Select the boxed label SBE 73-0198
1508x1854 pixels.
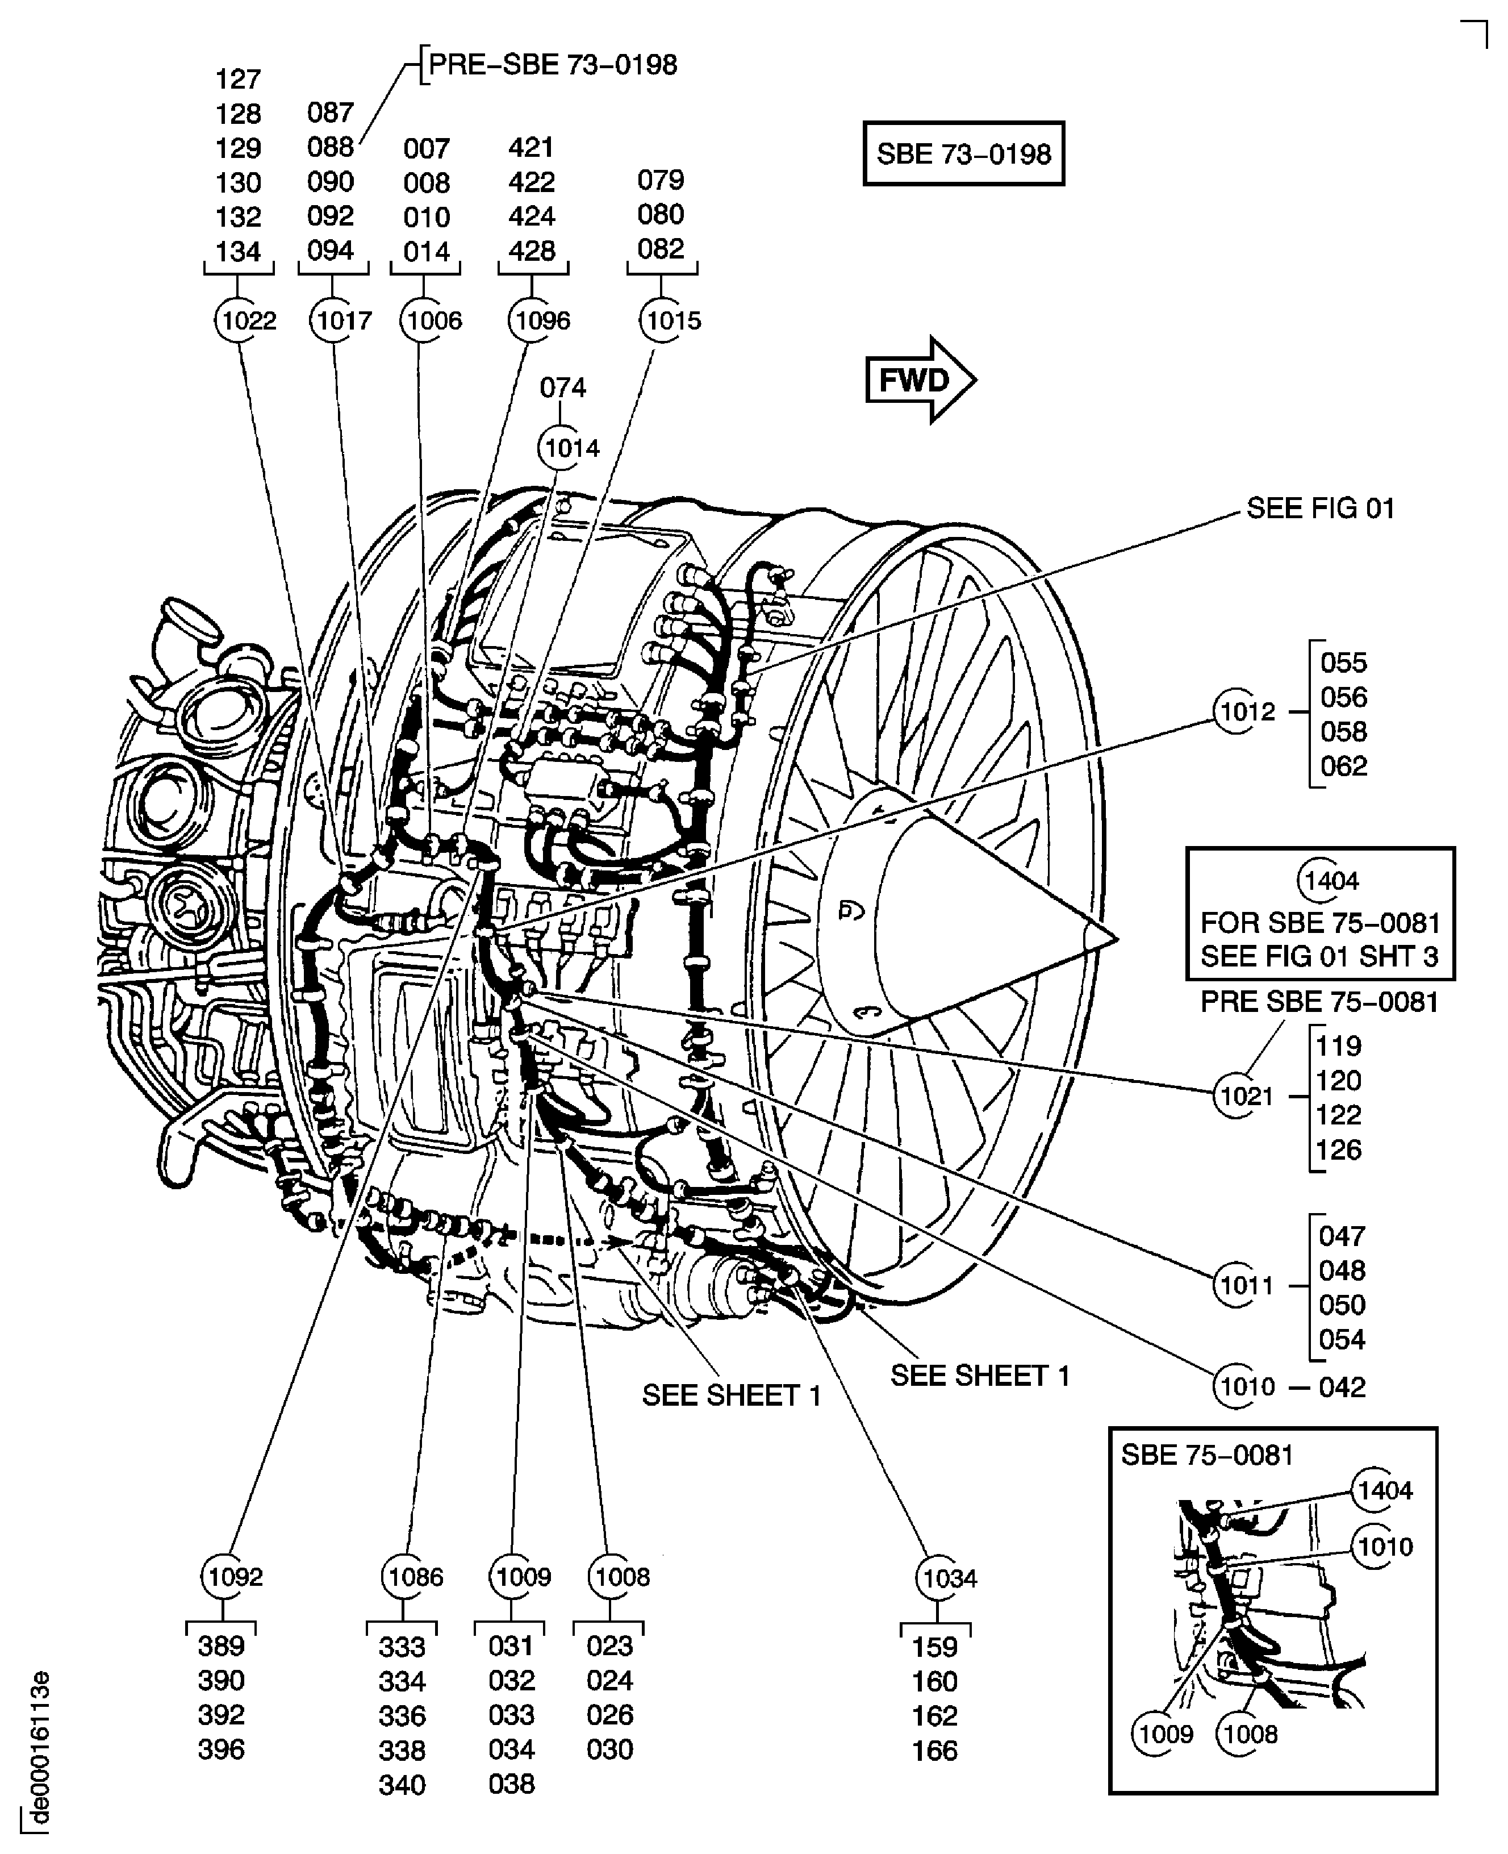(963, 154)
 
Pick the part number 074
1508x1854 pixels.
(562, 388)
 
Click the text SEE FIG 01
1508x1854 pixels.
(1319, 508)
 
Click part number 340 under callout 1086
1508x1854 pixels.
(402, 1785)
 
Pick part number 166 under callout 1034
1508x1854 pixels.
(934, 1751)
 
